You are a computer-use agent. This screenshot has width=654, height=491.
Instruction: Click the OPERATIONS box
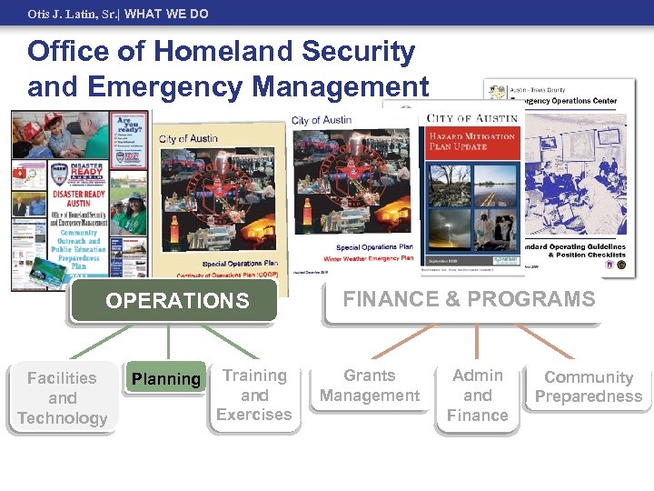tap(176, 301)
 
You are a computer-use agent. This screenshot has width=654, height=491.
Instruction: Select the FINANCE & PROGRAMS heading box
tap(469, 299)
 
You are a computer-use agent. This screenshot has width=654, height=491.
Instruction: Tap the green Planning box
tap(166, 379)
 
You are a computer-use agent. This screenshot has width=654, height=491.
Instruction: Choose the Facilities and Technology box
tap(62, 398)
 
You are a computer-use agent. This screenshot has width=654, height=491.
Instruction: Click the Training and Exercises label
tap(254, 396)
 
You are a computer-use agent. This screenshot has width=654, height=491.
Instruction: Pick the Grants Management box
tap(370, 386)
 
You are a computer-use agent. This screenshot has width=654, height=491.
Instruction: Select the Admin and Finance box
tap(477, 396)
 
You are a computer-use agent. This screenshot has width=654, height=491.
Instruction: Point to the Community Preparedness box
tap(588, 386)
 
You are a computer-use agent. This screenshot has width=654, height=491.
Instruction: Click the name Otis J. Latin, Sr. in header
tap(72, 14)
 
